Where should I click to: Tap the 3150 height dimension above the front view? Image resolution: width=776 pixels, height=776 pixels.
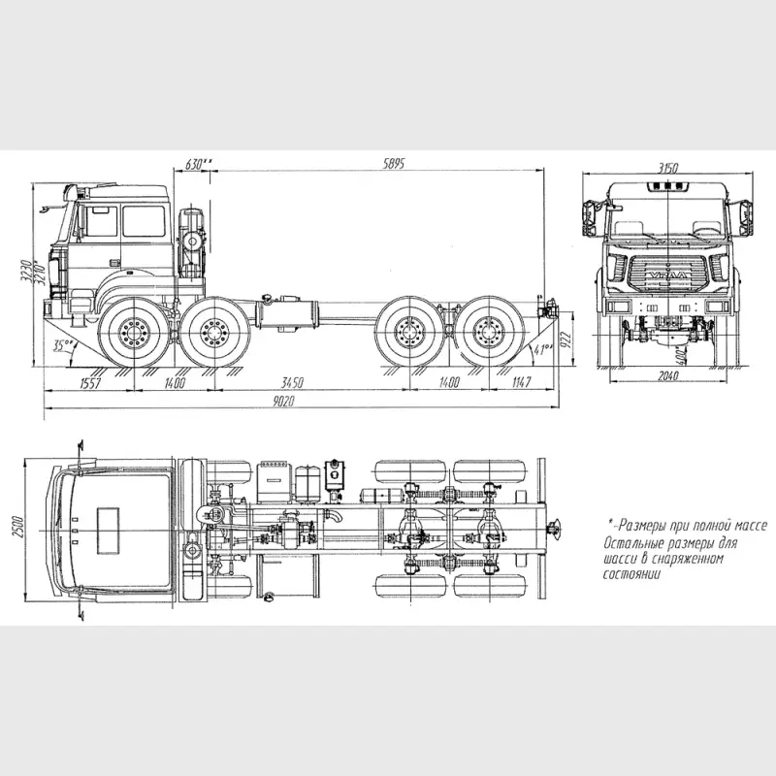pos(667,168)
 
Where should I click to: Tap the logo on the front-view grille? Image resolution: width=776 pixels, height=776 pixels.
pos(668,275)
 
